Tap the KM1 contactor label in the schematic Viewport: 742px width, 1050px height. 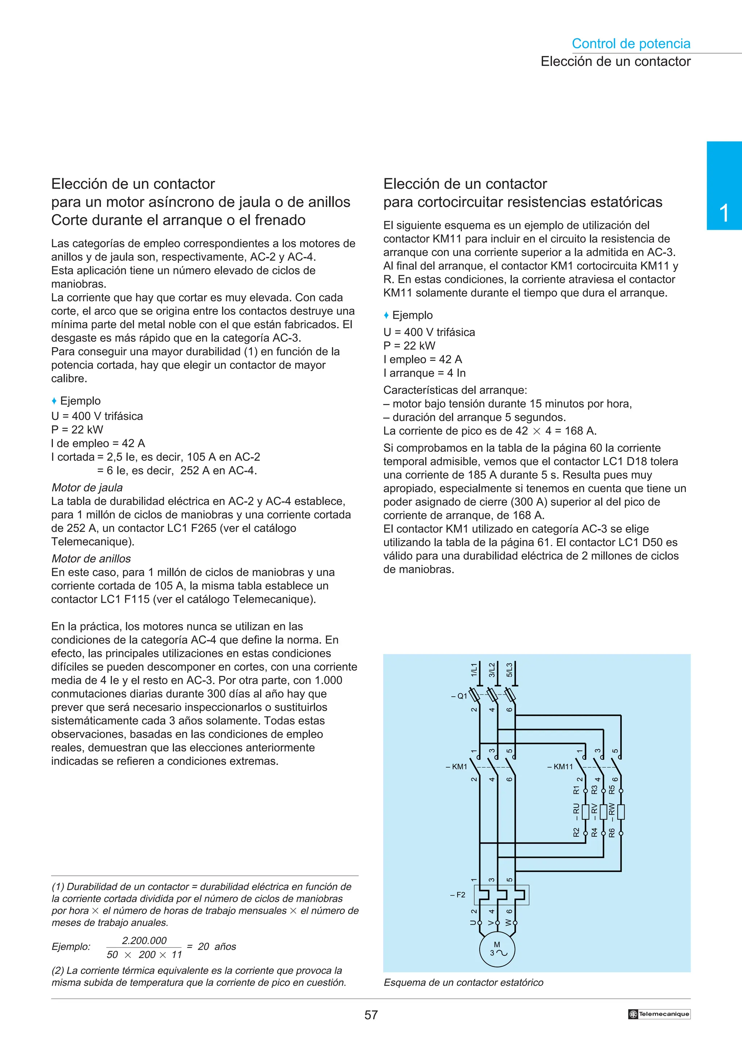pos(457,766)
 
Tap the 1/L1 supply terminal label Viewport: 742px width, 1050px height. pos(474,670)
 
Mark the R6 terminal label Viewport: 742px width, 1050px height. pos(612,832)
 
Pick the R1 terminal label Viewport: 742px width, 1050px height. pos(576,790)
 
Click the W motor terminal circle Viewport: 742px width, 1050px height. pos(515,923)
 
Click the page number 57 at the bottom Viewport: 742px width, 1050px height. pos(371,1015)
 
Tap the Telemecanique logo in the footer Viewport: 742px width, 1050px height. pos(659,1014)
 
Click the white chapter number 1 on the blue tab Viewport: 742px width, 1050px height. pos(724,213)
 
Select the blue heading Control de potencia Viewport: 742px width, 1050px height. pos(630,43)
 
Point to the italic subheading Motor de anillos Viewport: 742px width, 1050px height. pos(91,558)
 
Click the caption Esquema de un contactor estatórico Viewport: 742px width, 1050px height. pos(463,982)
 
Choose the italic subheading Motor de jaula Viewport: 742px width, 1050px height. pos(87,488)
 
